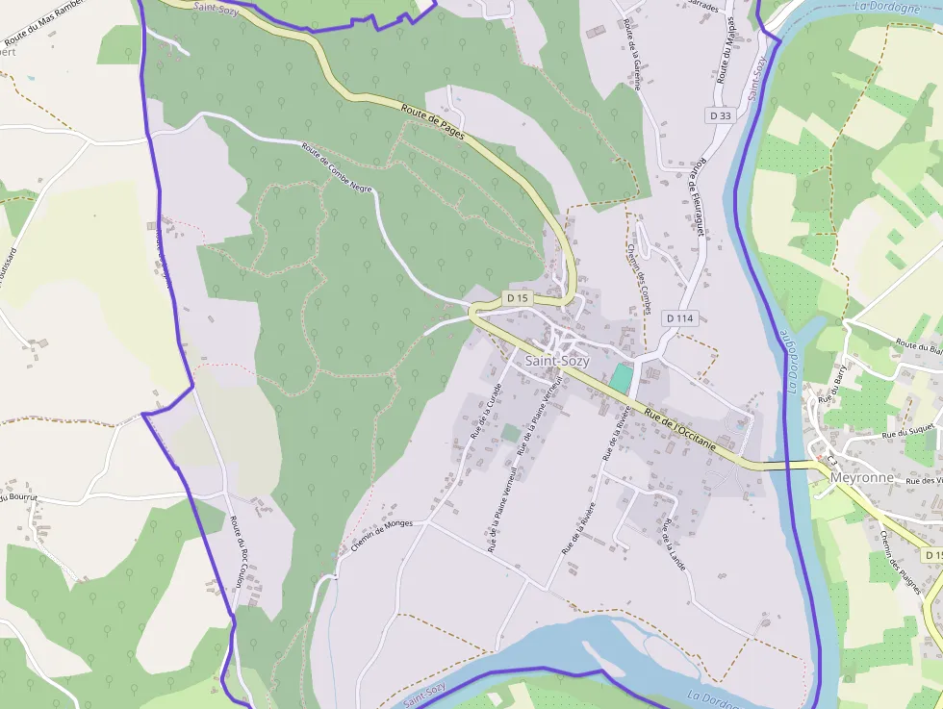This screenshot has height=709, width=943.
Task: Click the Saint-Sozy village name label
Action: point(556,362)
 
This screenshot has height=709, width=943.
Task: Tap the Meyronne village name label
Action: point(861,477)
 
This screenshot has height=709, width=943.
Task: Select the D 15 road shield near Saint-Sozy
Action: point(518,298)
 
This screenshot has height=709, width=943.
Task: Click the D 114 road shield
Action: point(679,317)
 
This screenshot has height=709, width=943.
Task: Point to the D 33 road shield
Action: point(720,115)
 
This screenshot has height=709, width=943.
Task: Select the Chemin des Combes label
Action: point(638,275)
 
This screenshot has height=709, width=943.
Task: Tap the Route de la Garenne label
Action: point(631,53)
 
